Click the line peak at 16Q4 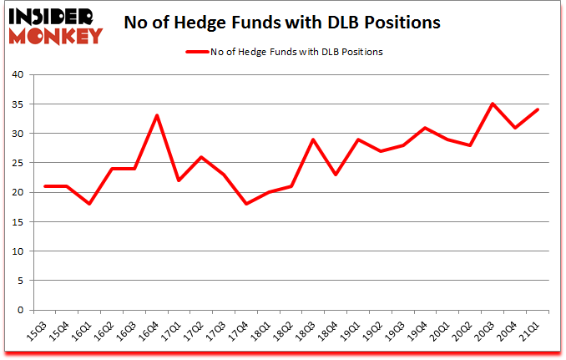point(157,115)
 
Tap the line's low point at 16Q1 point(89,204)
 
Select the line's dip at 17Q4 point(246,204)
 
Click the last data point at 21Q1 point(538,109)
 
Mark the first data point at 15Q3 point(45,186)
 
